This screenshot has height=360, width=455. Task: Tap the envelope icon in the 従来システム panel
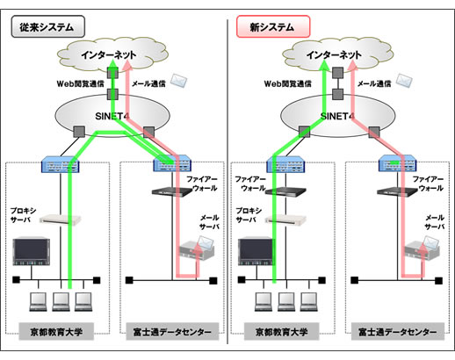(x=178, y=79)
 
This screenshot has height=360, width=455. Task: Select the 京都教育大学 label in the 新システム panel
(x=280, y=332)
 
